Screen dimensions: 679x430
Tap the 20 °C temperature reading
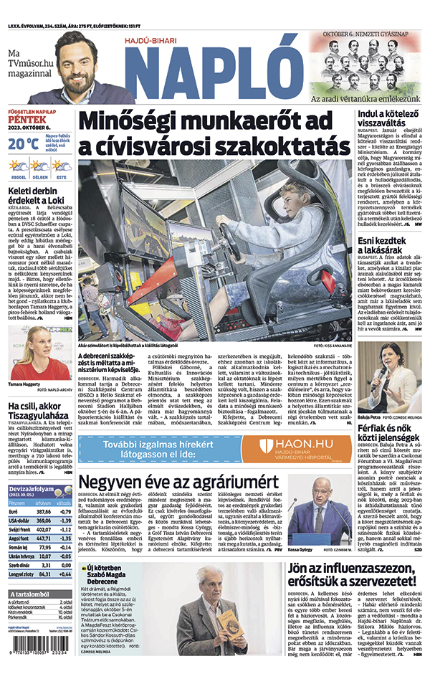pyautogui.click(x=24, y=143)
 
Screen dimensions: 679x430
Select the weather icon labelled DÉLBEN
pyautogui.click(x=39, y=166)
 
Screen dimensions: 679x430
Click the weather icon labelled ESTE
pyautogui.click(x=62, y=166)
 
